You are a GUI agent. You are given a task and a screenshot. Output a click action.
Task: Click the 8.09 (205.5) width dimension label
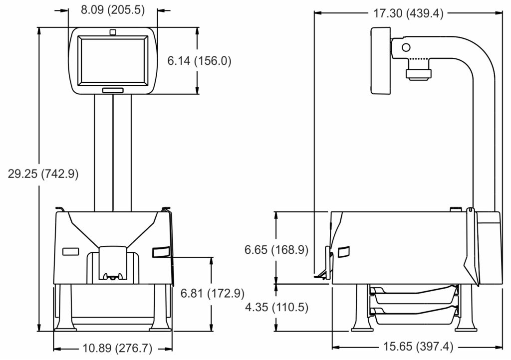pyautogui.click(x=113, y=10)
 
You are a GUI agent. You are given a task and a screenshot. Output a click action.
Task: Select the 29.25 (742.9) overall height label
pyautogui.click(x=43, y=174)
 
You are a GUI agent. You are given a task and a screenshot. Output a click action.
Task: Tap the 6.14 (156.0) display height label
pyautogui.click(x=199, y=61)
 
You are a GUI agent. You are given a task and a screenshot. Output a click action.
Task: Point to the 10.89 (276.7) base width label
pyautogui.click(x=117, y=348)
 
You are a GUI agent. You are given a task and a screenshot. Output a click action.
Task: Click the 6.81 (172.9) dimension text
pyautogui.click(x=213, y=293)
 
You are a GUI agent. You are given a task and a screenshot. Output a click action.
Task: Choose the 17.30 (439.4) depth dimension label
pyautogui.click(x=408, y=13)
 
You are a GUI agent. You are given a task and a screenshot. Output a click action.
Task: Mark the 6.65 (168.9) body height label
pyautogui.click(x=276, y=250)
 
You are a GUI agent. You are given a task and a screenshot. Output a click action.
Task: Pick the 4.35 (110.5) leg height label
pyautogui.click(x=276, y=307)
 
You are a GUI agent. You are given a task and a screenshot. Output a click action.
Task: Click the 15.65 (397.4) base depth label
pyautogui.click(x=418, y=347)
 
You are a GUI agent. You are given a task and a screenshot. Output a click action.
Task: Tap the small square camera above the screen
pyautogui.click(x=113, y=32)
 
